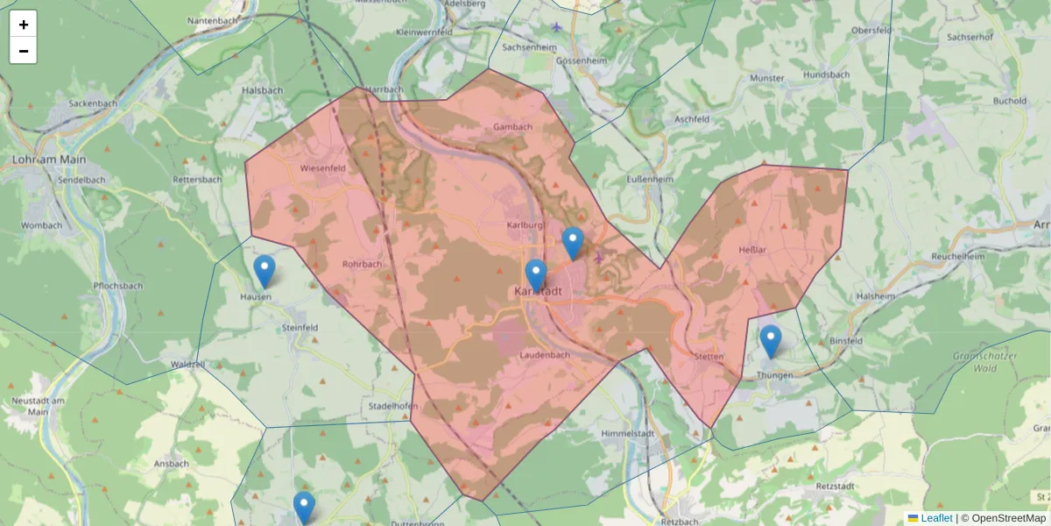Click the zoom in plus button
click(x=24, y=25)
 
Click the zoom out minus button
click(x=24, y=51)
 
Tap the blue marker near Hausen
click(x=264, y=271)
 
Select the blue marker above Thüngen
click(x=770, y=341)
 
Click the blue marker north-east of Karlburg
click(x=572, y=243)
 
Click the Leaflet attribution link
click(x=936, y=518)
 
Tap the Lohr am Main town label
click(x=49, y=160)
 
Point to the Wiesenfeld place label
click(x=322, y=167)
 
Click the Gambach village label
click(x=512, y=127)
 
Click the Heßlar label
click(x=752, y=250)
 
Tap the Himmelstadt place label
click(x=629, y=434)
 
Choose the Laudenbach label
click(x=545, y=355)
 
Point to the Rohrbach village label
click(x=362, y=264)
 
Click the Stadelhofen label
click(x=391, y=406)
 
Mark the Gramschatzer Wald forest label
click(x=985, y=362)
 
